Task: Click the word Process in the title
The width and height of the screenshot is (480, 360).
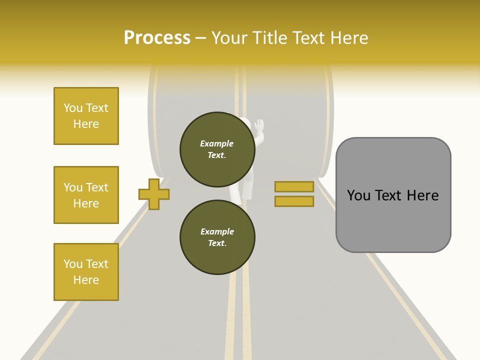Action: (x=157, y=38)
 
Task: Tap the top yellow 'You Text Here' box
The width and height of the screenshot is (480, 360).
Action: (x=86, y=116)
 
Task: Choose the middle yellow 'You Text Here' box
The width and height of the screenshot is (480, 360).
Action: (x=86, y=195)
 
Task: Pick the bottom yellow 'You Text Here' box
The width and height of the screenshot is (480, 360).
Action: (x=86, y=272)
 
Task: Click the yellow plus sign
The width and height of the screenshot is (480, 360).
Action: (x=154, y=193)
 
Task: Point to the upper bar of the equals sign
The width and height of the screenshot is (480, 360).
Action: (x=294, y=186)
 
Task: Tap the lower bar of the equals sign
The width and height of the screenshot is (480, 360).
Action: (x=294, y=201)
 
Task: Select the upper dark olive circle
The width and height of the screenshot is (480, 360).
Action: (x=217, y=149)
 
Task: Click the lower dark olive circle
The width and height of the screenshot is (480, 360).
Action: (x=217, y=237)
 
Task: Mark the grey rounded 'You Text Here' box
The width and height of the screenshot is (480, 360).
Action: (x=393, y=195)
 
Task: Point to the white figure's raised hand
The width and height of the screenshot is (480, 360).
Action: (x=258, y=125)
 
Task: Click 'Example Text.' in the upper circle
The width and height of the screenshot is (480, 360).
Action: (x=217, y=149)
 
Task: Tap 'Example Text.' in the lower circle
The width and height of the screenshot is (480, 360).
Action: (x=217, y=237)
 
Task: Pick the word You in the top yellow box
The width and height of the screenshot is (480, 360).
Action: (x=73, y=108)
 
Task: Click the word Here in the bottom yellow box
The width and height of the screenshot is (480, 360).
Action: (x=86, y=280)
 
